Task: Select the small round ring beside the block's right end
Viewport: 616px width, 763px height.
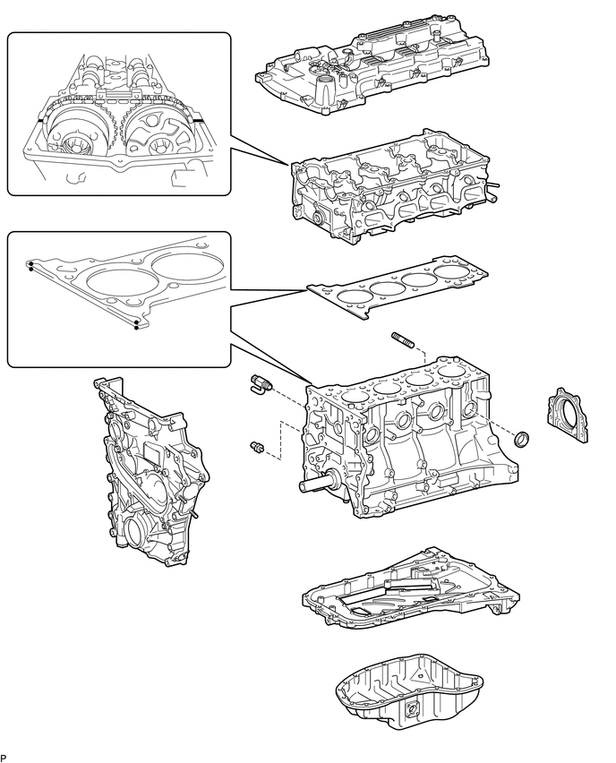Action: pyautogui.click(x=524, y=439)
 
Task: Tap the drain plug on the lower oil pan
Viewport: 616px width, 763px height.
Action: pyautogui.click(x=414, y=714)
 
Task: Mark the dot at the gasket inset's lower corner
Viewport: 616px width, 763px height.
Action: pyautogui.click(x=136, y=328)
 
